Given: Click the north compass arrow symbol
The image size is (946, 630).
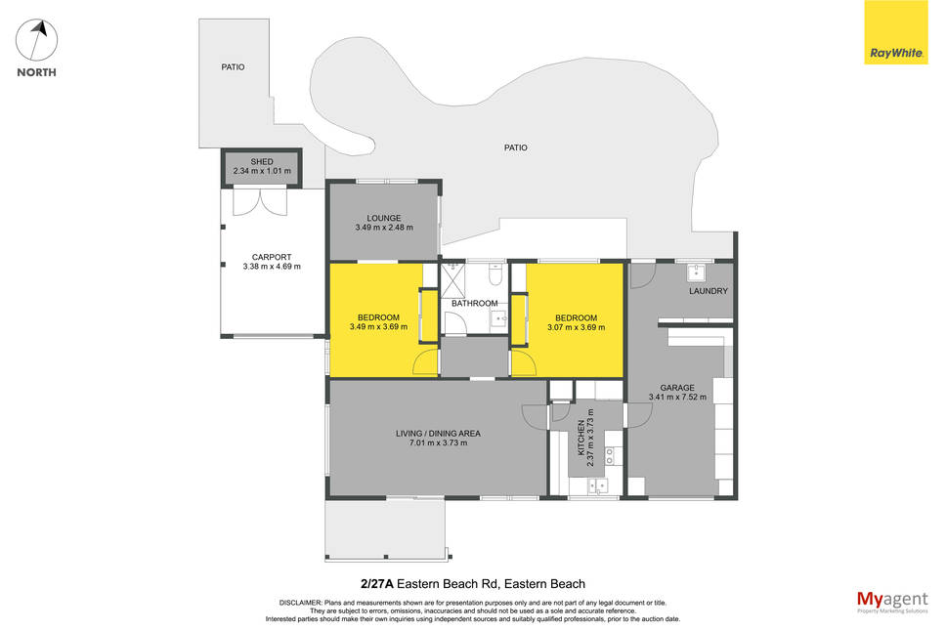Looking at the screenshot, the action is pos(37,40).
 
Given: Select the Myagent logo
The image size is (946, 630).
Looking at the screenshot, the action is pos(892,602).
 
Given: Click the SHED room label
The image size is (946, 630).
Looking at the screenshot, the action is pos(262,161).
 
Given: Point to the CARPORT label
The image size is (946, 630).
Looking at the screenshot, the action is pos(272,257).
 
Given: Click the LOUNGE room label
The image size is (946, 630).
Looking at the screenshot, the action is pos(384,218).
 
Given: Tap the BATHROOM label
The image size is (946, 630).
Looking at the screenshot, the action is pos(475,303).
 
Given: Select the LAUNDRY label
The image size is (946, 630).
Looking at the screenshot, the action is pos(709,291).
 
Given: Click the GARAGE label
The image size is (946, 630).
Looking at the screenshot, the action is pos(677,388).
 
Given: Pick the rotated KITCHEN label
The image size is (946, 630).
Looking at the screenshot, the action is pos(581,438).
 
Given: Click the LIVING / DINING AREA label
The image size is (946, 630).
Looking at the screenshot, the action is pos(438,434).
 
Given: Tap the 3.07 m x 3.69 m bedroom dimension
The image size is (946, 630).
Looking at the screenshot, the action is pos(577,327).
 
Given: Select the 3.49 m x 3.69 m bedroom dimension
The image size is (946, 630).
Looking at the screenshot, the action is pos(378,327).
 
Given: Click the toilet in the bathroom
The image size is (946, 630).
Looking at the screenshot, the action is pos(495,274).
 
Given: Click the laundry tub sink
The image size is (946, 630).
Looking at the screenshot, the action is pos(696,273).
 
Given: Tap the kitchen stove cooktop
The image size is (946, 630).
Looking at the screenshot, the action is pos(610,456).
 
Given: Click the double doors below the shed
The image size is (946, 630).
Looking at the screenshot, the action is pos(259,201).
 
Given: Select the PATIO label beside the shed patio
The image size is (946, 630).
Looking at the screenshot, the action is pos(233,67).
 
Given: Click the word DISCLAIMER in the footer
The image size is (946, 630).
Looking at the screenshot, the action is pos(300,603).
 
